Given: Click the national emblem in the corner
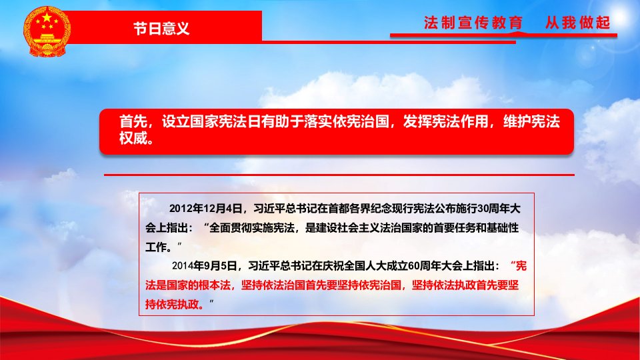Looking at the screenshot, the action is click(47, 31).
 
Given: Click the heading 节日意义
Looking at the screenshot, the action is click(161, 28).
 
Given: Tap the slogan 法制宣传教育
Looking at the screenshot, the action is click(473, 23).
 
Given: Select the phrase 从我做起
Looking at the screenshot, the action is click(577, 23).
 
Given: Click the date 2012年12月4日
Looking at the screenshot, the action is click(206, 209).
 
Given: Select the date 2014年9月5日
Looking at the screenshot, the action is click(205, 266).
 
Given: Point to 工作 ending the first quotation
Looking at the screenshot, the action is click(156, 247).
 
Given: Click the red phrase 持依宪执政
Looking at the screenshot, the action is click(172, 304).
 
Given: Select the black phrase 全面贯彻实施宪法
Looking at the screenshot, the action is click(252, 228).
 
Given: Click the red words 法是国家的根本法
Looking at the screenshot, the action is click(188, 285).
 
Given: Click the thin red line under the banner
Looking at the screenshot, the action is click(339, 175).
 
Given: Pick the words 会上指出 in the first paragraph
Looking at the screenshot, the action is click(167, 228).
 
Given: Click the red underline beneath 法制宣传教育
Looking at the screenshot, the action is click(504, 35).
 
